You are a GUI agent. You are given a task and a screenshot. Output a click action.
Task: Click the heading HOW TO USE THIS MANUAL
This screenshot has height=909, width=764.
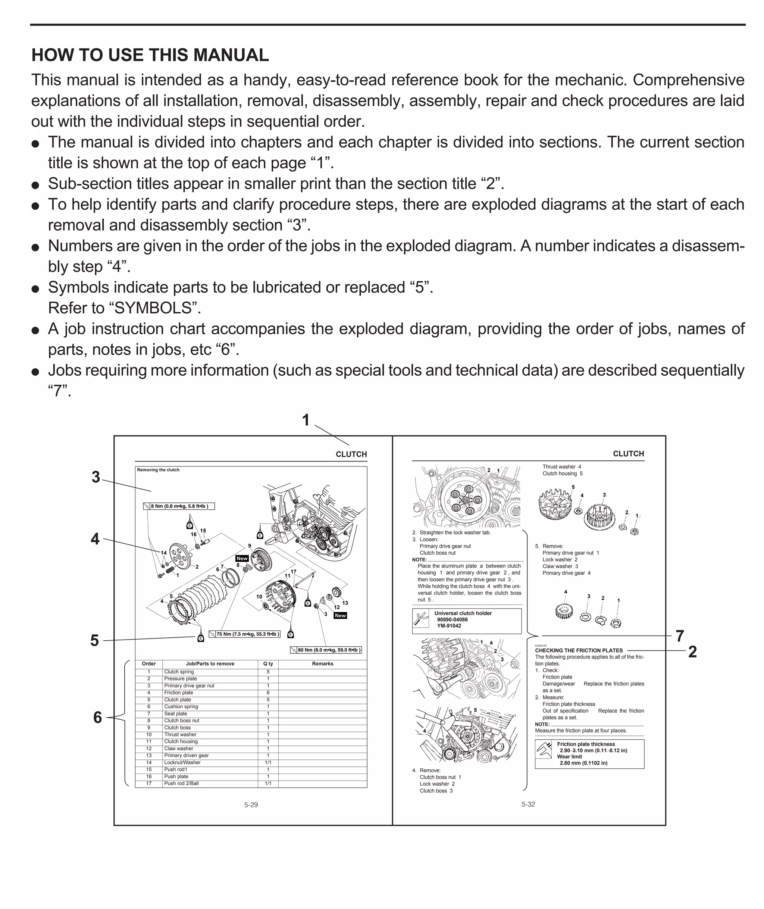pos(150,55)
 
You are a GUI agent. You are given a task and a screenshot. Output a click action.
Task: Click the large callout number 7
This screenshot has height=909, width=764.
pos(680,636)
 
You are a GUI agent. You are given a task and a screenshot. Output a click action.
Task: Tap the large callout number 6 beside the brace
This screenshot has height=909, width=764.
pos(97,718)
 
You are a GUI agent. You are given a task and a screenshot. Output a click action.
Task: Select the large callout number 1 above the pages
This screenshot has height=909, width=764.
pos(306,420)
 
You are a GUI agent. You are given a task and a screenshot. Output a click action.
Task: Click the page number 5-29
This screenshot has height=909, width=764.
pos(251,805)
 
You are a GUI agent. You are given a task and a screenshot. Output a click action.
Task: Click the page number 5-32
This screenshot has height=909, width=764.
pos(528,804)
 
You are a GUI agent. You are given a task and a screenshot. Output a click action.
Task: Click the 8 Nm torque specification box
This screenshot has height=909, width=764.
pos(179,506)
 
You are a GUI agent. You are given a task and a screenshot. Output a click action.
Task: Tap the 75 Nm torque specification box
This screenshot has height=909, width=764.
pos(245,634)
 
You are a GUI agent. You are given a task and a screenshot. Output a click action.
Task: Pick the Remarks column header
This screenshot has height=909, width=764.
pos(322,663)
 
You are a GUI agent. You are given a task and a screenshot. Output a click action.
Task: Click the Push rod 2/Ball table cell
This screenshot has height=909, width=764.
pos(181,783)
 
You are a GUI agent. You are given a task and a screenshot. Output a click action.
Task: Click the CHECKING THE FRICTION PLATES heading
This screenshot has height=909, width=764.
pos(578,650)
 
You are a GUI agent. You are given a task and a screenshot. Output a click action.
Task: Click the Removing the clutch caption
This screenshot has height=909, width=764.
pos(158,470)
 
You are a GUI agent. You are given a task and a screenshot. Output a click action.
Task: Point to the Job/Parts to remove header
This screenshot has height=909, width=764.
pos(210,663)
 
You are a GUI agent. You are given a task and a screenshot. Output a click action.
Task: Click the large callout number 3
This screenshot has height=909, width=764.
pos(96,477)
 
